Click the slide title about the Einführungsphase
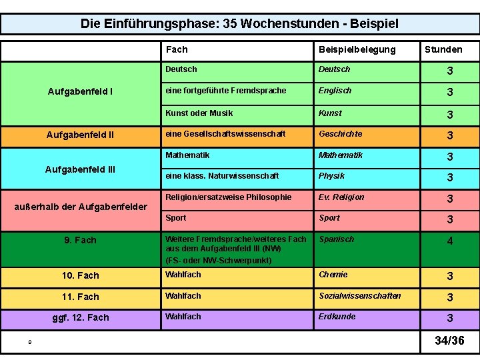click(x=239, y=24)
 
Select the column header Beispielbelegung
click(x=357, y=49)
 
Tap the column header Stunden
click(x=443, y=49)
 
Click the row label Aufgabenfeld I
click(x=80, y=91)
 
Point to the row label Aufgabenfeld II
click(x=80, y=135)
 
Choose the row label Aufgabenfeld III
click(x=80, y=169)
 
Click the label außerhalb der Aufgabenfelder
click(x=80, y=207)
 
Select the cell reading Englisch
click(x=335, y=91)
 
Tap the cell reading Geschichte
click(x=340, y=134)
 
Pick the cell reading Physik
click(x=331, y=176)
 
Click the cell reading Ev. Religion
click(x=341, y=197)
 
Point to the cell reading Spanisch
click(x=336, y=239)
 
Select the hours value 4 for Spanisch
click(x=450, y=241)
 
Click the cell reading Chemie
click(x=333, y=275)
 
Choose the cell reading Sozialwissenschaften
click(x=359, y=296)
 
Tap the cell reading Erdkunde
click(x=337, y=317)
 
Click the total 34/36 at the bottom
click(x=449, y=341)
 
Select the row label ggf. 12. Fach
click(x=80, y=317)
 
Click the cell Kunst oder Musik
click(x=199, y=113)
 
